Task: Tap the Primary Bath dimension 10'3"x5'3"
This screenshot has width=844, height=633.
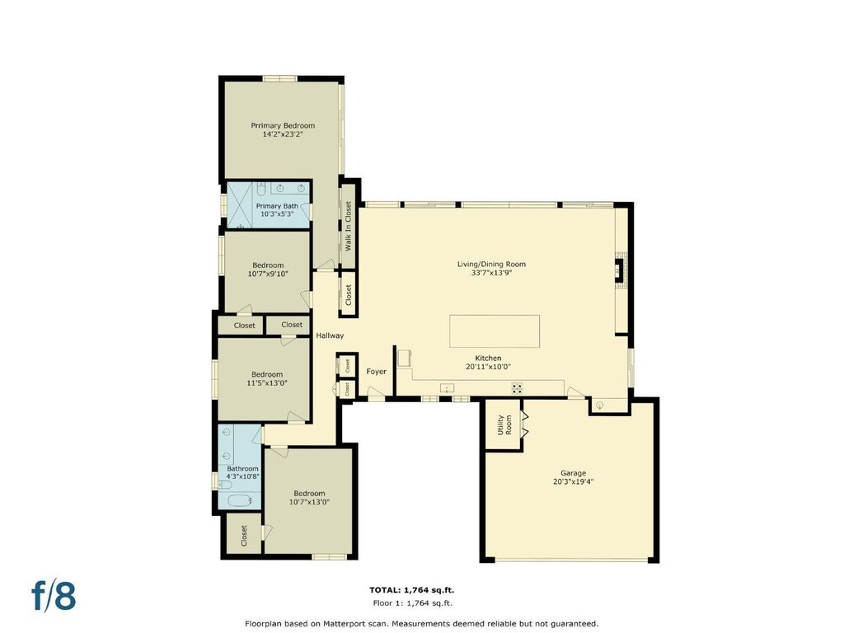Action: click(x=277, y=213)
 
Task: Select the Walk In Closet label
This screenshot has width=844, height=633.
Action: click(x=348, y=226)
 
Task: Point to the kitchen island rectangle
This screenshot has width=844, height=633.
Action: click(x=495, y=331)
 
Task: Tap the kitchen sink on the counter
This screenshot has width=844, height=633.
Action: click(x=447, y=387)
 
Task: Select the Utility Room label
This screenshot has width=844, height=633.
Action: click(x=504, y=424)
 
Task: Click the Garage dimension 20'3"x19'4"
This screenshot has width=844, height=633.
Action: click(x=574, y=481)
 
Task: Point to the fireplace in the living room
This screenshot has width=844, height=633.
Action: click(x=620, y=270)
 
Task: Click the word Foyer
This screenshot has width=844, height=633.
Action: click(x=376, y=372)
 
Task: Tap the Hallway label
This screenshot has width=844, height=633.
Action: click(x=330, y=335)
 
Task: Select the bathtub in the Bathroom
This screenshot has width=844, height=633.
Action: click(x=240, y=500)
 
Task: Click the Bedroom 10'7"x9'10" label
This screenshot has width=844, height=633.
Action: click(x=268, y=270)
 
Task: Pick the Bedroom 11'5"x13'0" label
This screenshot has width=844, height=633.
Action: click(x=267, y=378)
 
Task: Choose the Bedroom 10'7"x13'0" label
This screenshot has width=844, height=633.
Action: click(x=310, y=497)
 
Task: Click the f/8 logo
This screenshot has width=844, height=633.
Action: click(x=54, y=596)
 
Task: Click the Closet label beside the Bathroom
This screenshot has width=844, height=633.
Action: click(x=244, y=536)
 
